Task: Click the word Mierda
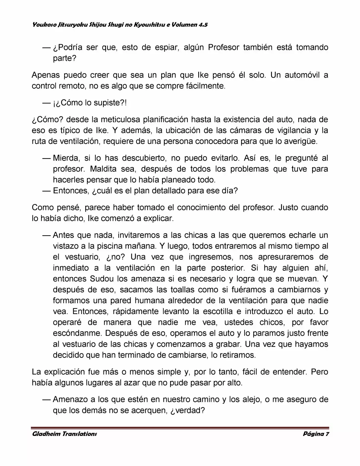[x=65, y=158]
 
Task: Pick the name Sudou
[x=102, y=279]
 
